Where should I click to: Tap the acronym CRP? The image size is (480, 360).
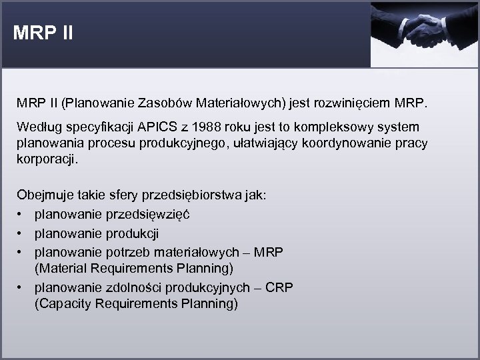(x=278, y=287)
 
